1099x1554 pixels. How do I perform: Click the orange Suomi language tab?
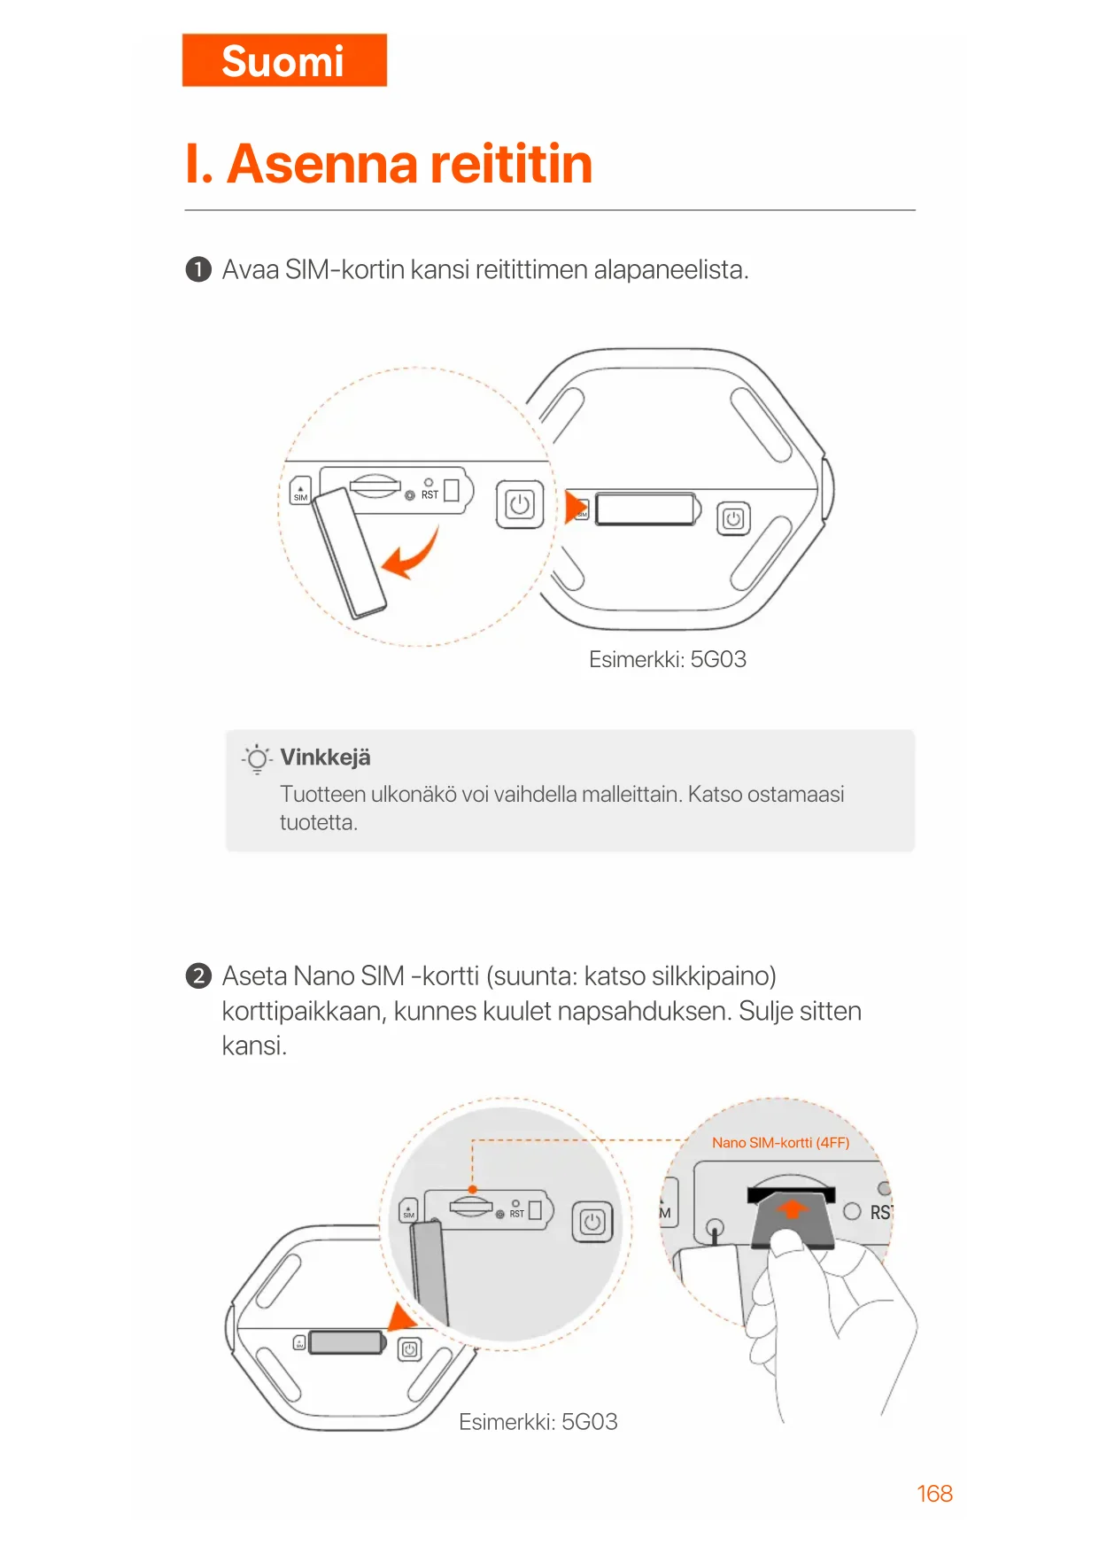(x=284, y=60)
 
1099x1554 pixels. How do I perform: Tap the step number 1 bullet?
(x=198, y=269)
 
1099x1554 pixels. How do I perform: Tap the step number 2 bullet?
(x=198, y=975)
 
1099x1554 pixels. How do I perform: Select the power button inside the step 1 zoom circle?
(x=520, y=505)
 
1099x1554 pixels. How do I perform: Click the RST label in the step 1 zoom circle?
(x=430, y=494)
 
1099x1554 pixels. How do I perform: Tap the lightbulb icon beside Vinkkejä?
(x=257, y=758)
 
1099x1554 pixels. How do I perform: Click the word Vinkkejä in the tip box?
(x=325, y=758)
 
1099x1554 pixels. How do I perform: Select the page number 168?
(x=934, y=1494)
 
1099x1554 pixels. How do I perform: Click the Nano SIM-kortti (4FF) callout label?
(x=780, y=1143)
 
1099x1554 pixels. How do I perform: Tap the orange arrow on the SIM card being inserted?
(x=793, y=1208)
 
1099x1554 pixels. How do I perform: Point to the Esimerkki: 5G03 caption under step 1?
(x=668, y=659)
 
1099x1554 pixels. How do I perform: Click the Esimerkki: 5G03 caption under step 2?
(x=538, y=1422)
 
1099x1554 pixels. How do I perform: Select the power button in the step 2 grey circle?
(x=592, y=1223)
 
